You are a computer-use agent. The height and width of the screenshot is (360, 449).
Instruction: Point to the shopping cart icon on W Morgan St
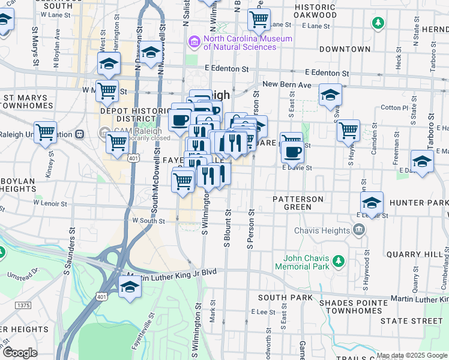click(x=107, y=91)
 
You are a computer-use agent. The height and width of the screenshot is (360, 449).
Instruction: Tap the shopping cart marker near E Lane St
click(x=259, y=19)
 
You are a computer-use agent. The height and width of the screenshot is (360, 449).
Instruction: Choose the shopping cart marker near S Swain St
click(x=348, y=130)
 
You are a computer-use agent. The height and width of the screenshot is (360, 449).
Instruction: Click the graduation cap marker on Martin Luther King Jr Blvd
click(x=130, y=287)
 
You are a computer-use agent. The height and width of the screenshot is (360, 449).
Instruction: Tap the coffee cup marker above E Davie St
click(x=292, y=151)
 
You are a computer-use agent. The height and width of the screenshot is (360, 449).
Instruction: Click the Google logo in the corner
click(x=20, y=353)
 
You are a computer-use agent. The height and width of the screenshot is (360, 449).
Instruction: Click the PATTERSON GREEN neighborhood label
click(x=298, y=203)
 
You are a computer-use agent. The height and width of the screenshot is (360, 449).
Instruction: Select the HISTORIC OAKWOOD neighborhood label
click(x=315, y=10)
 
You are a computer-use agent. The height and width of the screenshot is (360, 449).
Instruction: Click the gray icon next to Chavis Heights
click(x=359, y=230)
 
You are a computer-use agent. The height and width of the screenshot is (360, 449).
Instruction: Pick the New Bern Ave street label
click(x=287, y=85)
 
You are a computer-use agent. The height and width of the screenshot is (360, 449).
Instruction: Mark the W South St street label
click(x=148, y=221)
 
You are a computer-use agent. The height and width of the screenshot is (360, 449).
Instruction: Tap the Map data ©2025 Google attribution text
click(x=412, y=355)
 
